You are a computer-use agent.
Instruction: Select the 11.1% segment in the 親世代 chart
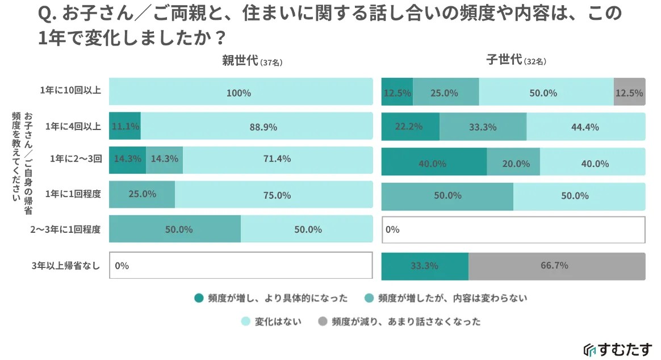[125, 127]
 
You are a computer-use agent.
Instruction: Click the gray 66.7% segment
[557, 266]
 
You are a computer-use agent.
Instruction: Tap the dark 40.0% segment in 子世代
[434, 162]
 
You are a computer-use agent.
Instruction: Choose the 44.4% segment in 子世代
[585, 127]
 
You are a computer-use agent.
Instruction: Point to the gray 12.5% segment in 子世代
[629, 92]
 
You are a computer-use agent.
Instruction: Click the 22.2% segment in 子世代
[411, 127]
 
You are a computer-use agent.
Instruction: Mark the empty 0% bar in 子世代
[513, 230]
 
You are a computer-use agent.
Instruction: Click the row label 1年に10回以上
[70, 91]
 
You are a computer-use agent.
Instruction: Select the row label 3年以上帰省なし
[66, 265]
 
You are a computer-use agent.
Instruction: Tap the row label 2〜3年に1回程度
[65, 230]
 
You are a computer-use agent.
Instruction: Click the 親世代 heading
[240, 61]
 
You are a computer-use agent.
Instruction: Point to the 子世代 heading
[504, 60]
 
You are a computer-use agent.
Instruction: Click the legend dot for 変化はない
[245, 321]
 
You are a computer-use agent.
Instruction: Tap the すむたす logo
[618, 349]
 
